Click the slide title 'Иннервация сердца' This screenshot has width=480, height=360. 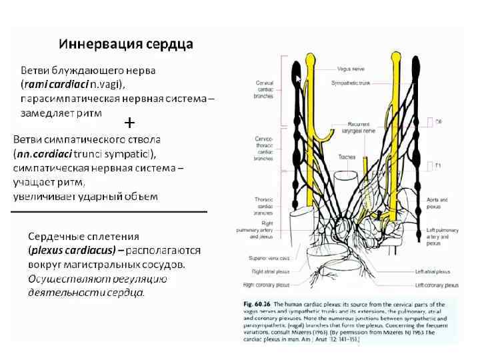click(126, 45)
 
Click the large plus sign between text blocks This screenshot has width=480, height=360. click(130, 123)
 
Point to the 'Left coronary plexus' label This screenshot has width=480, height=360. click(437, 285)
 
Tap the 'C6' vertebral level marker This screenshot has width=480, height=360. click(438, 122)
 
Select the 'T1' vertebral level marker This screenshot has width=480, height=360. click(438, 165)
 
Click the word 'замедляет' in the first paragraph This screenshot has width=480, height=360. click(43, 113)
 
